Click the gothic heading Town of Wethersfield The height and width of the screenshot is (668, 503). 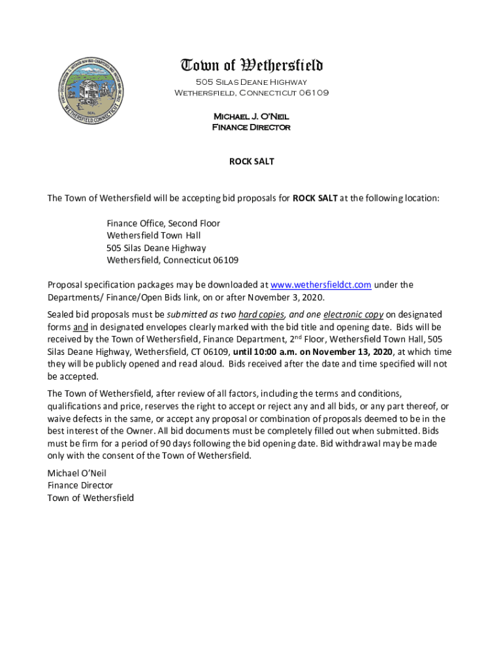coord(252,65)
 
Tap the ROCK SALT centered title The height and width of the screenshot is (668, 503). coord(252,161)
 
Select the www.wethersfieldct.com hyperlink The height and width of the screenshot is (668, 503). coord(321,285)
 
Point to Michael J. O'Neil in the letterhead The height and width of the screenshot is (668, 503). coord(252,116)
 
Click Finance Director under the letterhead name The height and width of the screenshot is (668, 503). coord(252,127)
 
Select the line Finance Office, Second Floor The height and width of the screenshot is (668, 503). coord(163,224)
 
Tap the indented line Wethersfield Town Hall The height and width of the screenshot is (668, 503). coord(154,235)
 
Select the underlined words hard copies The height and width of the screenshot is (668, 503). coord(261,314)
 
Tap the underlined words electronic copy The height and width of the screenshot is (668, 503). coord(351,314)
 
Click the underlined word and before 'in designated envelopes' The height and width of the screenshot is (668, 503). coord(80,327)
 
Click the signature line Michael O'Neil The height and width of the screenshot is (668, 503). coord(76,473)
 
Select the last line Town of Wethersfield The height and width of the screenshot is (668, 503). coord(90,498)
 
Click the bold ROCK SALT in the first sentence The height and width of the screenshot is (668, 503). coord(314,198)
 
